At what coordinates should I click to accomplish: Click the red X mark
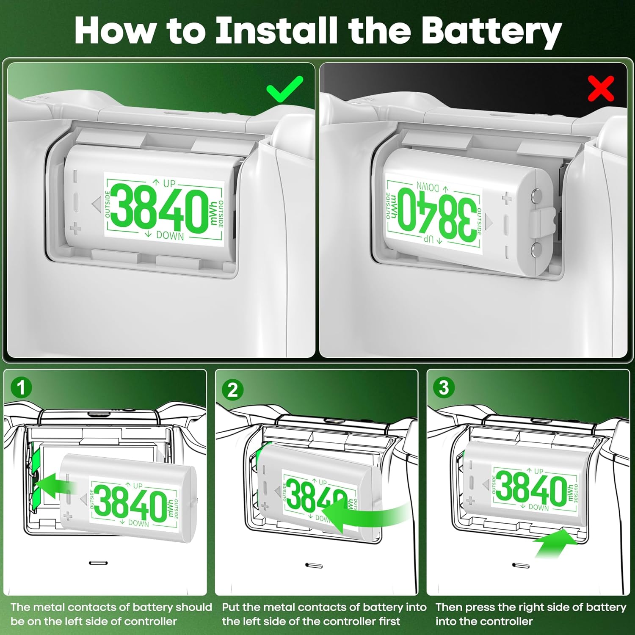(x=601, y=89)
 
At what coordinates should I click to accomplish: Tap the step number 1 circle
(x=21, y=388)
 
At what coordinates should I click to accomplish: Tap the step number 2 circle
(x=232, y=389)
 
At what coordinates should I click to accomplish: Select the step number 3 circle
(x=444, y=387)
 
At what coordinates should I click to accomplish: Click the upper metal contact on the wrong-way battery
(x=537, y=196)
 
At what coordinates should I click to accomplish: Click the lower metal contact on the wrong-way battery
(x=536, y=249)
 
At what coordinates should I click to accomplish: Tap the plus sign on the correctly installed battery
(x=75, y=229)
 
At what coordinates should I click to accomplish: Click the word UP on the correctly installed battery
(x=169, y=183)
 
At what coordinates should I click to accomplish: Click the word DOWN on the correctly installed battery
(x=170, y=235)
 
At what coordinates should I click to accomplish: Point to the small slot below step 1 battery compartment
(x=99, y=563)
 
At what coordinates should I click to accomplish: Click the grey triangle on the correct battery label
(x=96, y=204)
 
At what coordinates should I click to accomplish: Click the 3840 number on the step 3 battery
(x=531, y=488)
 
